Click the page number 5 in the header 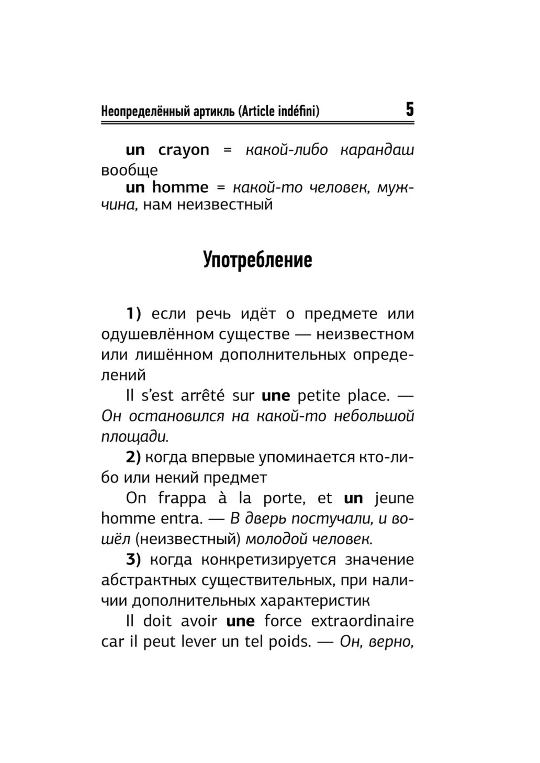(x=410, y=110)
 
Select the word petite (x=319, y=396)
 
